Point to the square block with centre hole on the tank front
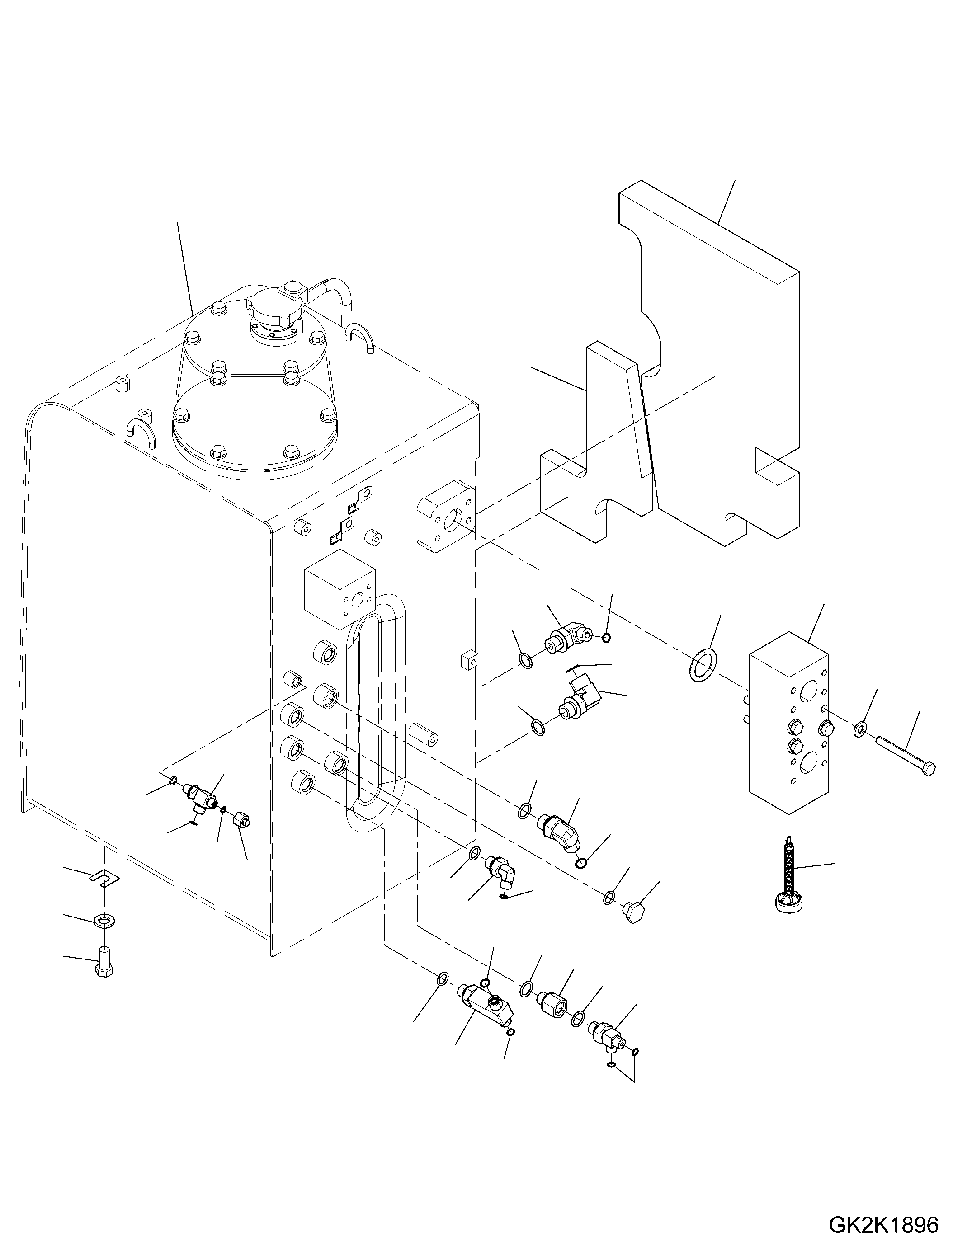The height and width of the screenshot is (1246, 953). tap(340, 590)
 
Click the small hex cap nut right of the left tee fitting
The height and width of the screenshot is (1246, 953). tap(242, 818)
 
